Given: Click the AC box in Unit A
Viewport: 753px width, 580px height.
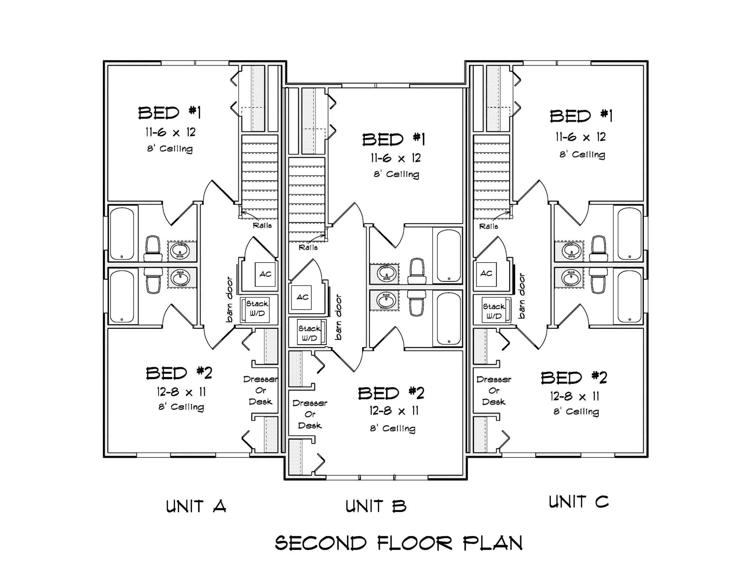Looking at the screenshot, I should [265, 274].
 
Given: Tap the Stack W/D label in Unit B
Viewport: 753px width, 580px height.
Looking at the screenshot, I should [309, 333].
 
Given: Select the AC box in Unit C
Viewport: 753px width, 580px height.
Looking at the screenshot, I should [486, 274].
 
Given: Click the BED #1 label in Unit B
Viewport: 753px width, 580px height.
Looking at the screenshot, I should [393, 140].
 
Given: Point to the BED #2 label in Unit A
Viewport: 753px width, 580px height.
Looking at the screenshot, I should [179, 373].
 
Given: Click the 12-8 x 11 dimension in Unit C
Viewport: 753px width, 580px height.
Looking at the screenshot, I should [574, 396].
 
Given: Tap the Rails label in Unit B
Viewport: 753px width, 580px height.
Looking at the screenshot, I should [308, 248].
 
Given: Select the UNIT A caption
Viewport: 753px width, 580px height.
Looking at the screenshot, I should [196, 506].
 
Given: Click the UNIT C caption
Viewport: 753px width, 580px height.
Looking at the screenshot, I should [578, 502].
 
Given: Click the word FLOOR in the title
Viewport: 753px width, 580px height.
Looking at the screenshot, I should [415, 543].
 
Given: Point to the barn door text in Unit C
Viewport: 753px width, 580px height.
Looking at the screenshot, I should [521, 296].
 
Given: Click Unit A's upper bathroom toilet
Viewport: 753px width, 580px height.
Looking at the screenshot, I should [153, 248].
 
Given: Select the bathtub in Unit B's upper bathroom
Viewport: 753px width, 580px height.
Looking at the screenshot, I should [449, 256].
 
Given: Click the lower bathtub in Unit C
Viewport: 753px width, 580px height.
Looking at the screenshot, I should [629, 296].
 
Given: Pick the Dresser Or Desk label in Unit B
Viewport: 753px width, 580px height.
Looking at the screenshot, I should [310, 414].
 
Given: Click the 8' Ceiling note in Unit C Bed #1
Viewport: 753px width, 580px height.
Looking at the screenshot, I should [582, 154].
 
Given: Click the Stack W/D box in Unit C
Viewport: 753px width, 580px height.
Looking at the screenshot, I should [494, 311].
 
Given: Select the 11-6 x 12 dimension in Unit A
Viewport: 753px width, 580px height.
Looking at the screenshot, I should [170, 132].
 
